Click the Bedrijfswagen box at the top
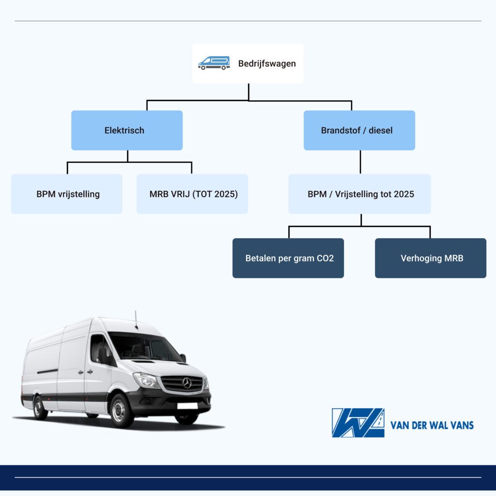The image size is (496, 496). pos(248,63)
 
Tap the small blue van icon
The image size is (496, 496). pos(214,63)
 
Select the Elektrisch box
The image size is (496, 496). pos(127,130)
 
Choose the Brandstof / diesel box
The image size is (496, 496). pos(359,130)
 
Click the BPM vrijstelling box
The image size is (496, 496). pos(66,194)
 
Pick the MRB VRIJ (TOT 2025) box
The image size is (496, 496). pos(192,194)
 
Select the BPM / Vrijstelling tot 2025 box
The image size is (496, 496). pos(360,194)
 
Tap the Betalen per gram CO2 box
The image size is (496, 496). pos(288,258)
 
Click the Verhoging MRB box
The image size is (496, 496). pos(431,258)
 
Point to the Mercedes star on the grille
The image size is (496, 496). pos(187,383)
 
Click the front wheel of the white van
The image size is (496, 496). pos(120,411)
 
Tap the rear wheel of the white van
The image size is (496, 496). pos(40,407)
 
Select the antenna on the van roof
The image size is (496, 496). pos(136,320)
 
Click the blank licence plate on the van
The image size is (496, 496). pos(187,406)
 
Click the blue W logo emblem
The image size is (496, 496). pos(358,422)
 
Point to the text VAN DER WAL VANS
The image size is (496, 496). pos(432,425)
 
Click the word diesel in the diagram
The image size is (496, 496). pos(381,130)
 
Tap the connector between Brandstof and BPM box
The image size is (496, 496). pos(360,162)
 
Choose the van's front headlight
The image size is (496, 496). pos(146,380)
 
